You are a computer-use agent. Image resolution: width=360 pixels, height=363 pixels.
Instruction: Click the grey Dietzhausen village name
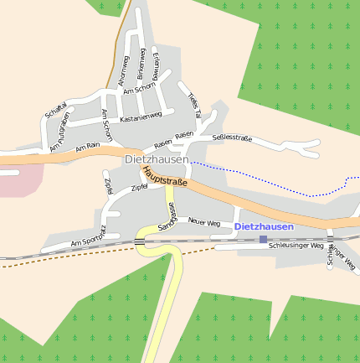click(157, 158)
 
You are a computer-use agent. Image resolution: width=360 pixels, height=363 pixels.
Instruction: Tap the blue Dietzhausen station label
click(264, 226)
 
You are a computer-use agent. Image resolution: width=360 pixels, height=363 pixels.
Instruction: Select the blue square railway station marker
click(263, 239)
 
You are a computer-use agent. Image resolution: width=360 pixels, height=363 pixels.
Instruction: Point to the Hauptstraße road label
click(163, 176)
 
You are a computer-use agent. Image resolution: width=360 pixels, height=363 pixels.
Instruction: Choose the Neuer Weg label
click(204, 222)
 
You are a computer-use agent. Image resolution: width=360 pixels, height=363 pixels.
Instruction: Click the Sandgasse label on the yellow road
click(165, 215)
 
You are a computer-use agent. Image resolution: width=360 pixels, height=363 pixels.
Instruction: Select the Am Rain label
click(87, 148)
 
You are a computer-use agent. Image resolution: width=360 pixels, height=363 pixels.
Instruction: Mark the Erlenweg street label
click(157, 62)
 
